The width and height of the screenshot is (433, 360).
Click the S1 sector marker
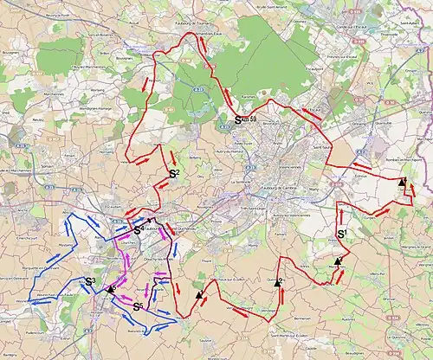(x=341, y=234)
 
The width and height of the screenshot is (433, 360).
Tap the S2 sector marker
(x=173, y=175)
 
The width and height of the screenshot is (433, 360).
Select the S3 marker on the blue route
(x=89, y=281)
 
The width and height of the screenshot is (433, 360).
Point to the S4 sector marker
(x=139, y=230)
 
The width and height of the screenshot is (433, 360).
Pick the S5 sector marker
(x=138, y=306)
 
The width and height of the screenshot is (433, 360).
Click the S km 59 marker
(x=245, y=120)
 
